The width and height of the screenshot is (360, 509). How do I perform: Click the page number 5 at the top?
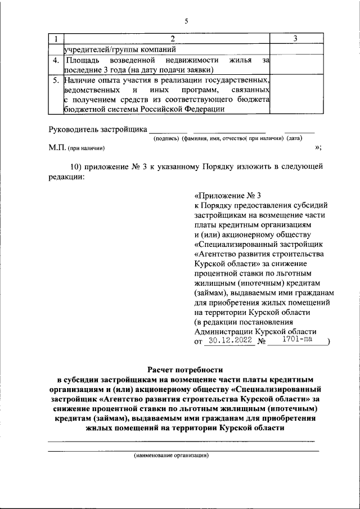click(x=186, y=21)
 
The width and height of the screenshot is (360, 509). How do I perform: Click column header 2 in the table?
click(x=172, y=38)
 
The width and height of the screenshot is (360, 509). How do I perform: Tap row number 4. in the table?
click(x=55, y=60)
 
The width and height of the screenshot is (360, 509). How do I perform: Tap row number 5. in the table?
click(x=55, y=80)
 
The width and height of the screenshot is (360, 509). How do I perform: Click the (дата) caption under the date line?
click(x=294, y=138)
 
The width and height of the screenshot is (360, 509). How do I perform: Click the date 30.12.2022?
click(x=228, y=341)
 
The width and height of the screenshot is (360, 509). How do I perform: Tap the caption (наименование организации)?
click(x=171, y=456)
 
